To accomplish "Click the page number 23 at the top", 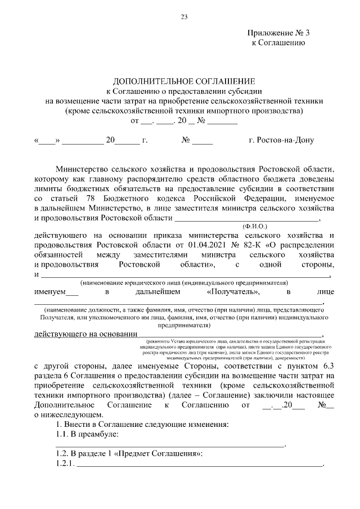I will [183, 16].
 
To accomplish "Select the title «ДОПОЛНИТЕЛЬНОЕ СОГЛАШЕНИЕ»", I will [184, 82].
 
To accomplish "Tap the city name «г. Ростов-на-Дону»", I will [281, 141].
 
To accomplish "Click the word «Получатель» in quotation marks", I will [233, 292].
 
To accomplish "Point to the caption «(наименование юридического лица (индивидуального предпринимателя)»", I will [184, 282].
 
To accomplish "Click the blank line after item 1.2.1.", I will [199, 465].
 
